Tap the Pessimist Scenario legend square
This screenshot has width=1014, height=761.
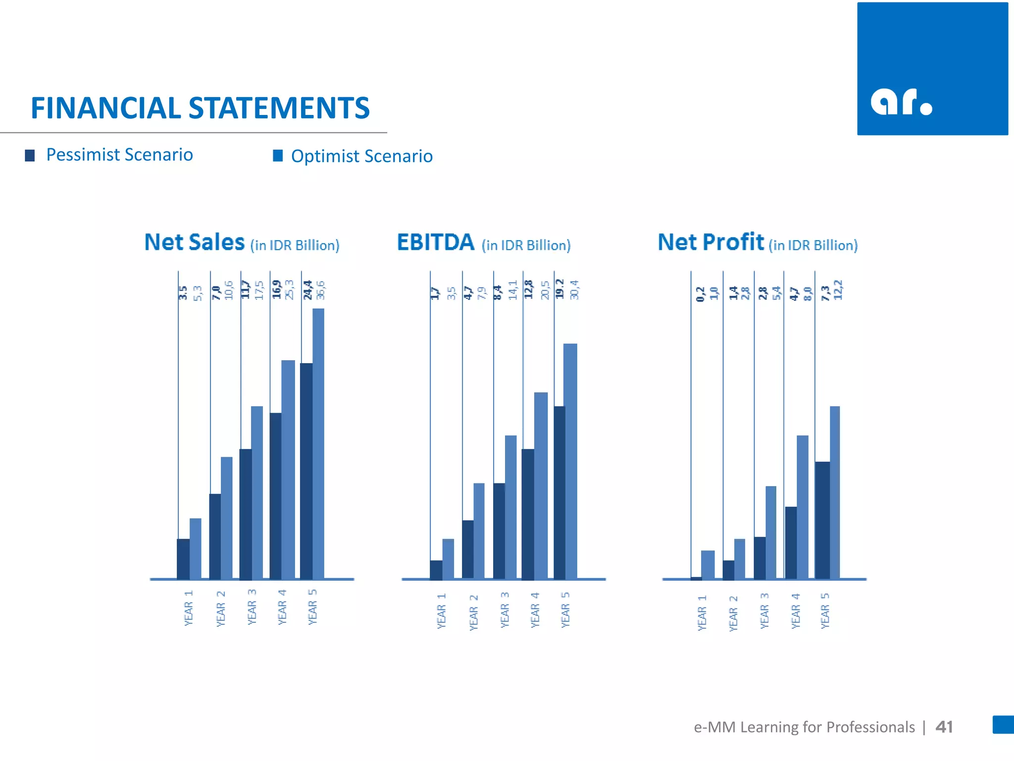tap(30, 156)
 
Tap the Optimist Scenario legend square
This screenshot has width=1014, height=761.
tap(278, 156)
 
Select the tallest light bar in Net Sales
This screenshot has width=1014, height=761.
tap(318, 443)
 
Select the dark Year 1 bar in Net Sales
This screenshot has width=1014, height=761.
tap(183, 559)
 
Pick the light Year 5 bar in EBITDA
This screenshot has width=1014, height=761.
tap(570, 461)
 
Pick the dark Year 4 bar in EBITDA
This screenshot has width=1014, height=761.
tap(528, 514)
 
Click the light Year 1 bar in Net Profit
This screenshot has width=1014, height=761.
tap(708, 564)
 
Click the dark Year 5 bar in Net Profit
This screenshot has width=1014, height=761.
tap(822, 520)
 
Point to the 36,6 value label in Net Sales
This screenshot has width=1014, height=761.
tap(320, 290)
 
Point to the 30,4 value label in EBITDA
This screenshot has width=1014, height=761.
tap(574, 290)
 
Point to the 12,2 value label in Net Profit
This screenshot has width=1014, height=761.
tap(838, 290)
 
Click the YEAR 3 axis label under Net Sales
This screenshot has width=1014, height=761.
tap(252, 607)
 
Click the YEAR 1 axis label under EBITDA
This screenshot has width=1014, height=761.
tap(441, 611)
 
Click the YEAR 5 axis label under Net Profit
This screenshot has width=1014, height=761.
tap(825, 611)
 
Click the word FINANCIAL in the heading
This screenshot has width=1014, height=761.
tap(105, 108)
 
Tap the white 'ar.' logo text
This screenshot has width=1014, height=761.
tap(901, 102)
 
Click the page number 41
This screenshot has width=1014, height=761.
tap(944, 727)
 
